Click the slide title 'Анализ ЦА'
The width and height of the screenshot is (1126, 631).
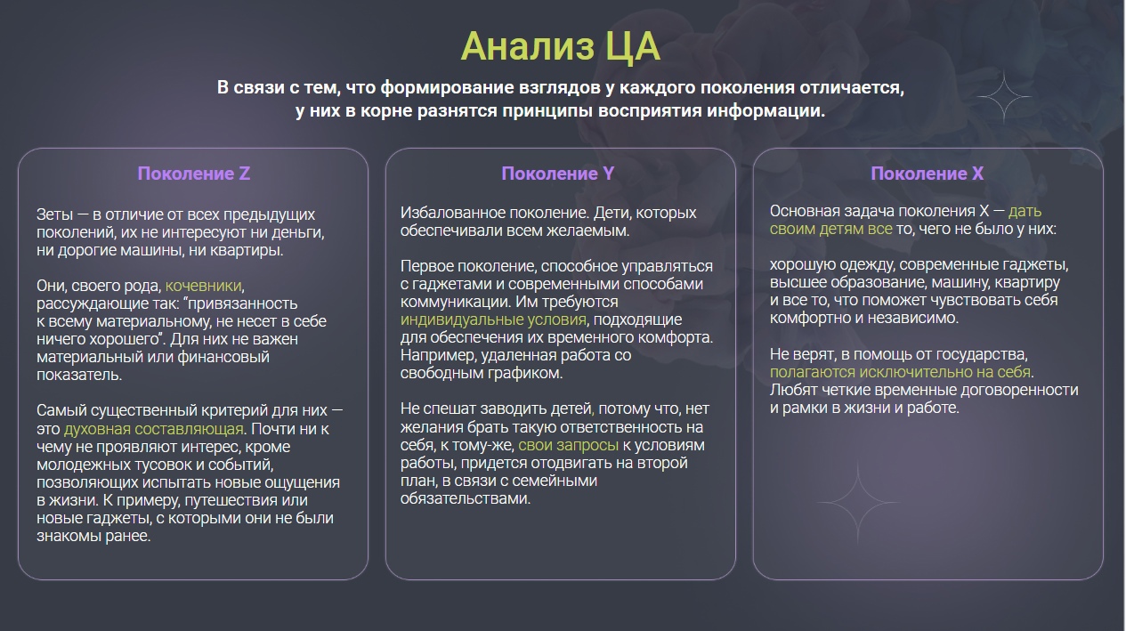coord(560,46)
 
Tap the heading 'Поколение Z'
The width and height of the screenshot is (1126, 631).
coord(193,174)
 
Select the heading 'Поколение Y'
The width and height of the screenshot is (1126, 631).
coord(557,174)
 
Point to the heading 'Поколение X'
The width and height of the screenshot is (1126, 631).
coord(927,174)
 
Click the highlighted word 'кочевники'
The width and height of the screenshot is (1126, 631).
coord(203,286)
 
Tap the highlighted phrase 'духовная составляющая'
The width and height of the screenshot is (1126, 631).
coord(153,429)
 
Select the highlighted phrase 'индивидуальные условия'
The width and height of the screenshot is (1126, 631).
coord(493,320)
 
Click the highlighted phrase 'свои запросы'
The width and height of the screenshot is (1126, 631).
coord(568,446)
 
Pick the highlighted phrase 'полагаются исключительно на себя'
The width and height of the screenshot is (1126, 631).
coord(900,372)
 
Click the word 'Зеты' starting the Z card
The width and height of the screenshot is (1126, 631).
coord(55,214)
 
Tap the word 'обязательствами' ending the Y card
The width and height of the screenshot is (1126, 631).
coord(465,498)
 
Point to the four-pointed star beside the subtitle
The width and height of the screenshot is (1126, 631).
coord(1004,96)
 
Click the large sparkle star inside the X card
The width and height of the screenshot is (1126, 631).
coord(857,502)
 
